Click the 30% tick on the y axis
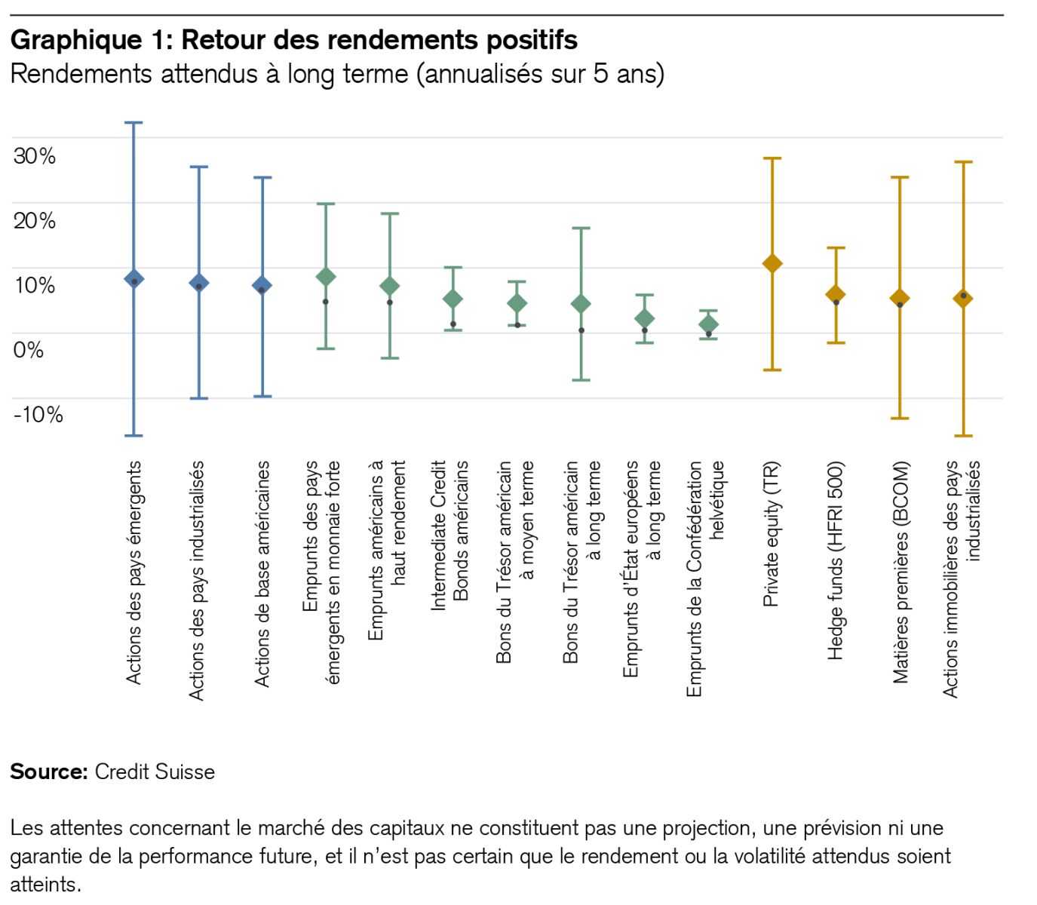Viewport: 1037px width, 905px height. pos(34,156)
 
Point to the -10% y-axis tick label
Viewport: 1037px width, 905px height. pos(38,415)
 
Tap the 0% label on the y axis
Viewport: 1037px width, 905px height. pos(28,350)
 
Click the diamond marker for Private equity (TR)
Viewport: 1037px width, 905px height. pos(772,263)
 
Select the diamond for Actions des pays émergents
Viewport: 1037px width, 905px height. pos(134,279)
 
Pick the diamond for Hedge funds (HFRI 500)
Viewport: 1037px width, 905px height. pos(835,294)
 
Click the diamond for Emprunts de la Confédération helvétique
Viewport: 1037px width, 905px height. pos(708,324)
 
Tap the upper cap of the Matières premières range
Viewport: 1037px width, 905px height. pos(899,177)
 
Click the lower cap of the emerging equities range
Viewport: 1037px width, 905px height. pos(134,435)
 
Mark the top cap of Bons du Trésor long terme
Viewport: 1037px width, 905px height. pos(581,228)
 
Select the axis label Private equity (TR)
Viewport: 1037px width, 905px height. pos(771,534)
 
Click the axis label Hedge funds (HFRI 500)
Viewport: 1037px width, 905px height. pos(835,560)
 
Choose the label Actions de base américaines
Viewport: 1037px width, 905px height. pos(262,573)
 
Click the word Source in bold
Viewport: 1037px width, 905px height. pos(49,772)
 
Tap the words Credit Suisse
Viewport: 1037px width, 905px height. pos(155,772)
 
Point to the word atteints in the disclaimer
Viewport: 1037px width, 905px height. pos(44,884)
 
